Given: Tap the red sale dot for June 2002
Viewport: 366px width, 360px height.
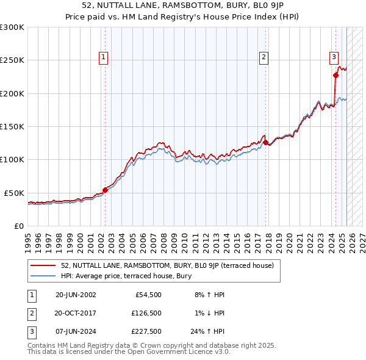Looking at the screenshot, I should point(105,190).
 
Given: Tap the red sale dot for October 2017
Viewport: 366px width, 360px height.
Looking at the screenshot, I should point(266,142).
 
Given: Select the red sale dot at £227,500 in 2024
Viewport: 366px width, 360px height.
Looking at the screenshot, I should point(335,76).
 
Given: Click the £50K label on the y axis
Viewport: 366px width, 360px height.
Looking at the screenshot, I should point(14,193).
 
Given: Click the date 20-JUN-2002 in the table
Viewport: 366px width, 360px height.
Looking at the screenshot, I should point(76,295).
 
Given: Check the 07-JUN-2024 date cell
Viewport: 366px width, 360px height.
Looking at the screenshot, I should point(76,333).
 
